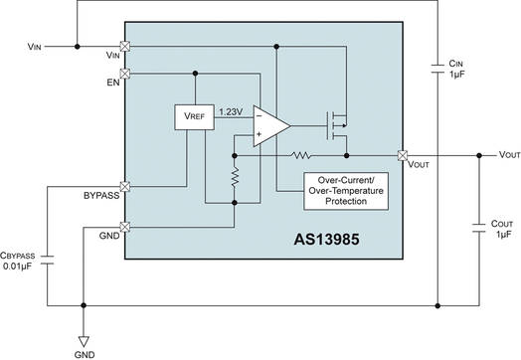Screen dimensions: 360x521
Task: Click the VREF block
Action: click(188, 116)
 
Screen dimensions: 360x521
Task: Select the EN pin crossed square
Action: click(125, 73)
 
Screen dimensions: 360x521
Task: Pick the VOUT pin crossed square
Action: click(403, 155)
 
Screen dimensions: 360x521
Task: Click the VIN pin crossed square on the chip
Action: click(125, 46)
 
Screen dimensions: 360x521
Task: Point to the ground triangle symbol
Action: click(84, 337)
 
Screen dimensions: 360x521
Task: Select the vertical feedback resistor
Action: click(234, 178)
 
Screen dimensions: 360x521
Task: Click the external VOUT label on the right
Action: click(508, 155)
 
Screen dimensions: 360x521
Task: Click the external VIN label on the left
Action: click(36, 46)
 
